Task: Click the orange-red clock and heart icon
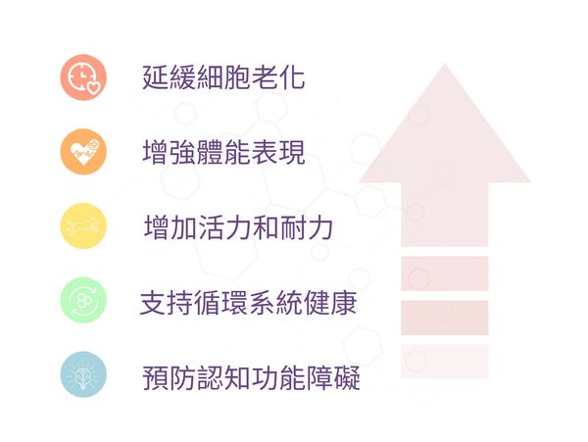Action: tap(82, 77)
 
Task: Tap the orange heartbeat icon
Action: tap(82, 152)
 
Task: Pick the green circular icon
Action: tap(82, 301)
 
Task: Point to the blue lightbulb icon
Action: tap(82, 374)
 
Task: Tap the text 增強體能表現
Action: tap(223, 153)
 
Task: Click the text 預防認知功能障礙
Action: tap(250, 376)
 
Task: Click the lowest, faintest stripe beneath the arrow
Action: tap(444, 361)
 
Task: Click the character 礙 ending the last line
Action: tap(347, 376)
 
